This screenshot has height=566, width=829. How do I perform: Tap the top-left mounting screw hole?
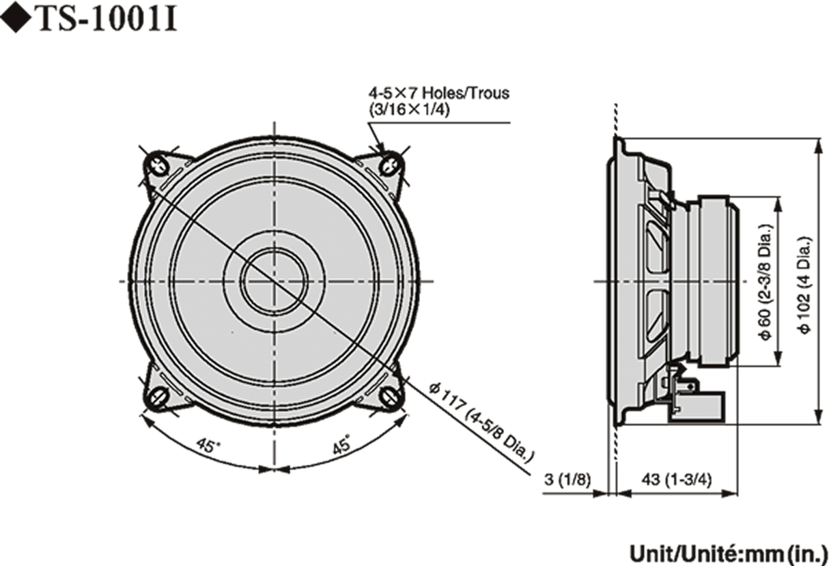(x=157, y=165)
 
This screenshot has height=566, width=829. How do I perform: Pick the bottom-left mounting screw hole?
(x=157, y=395)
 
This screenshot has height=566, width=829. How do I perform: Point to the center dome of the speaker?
(x=272, y=281)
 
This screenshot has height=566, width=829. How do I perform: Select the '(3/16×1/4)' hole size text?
(x=409, y=110)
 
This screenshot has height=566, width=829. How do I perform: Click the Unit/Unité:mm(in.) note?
(x=727, y=552)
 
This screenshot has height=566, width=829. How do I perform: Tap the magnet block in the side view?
(x=718, y=281)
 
